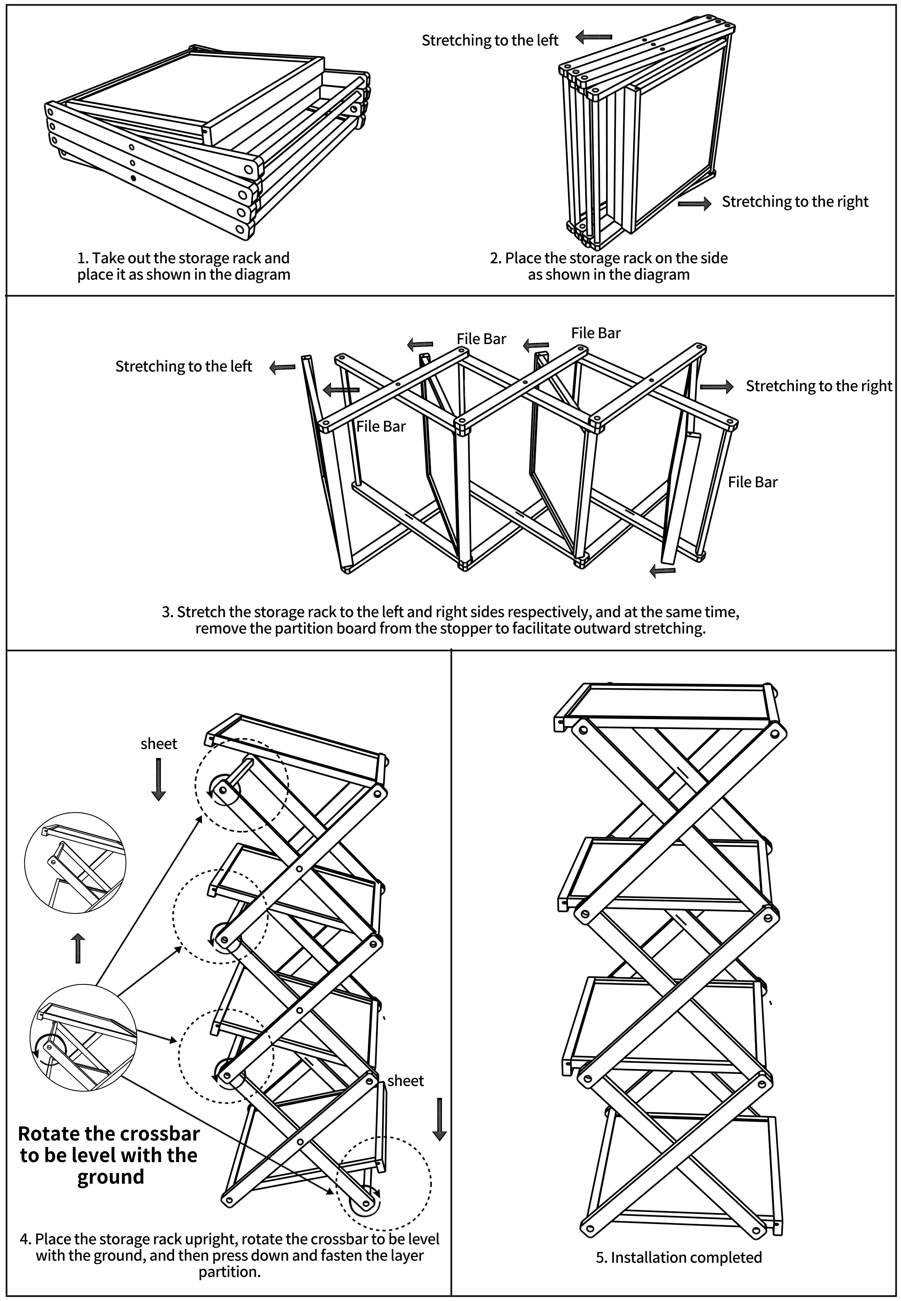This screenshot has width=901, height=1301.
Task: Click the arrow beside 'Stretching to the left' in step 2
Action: click(594, 38)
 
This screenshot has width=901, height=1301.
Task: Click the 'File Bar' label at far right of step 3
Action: click(752, 482)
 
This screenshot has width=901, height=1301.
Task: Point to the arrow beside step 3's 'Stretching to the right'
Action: click(716, 386)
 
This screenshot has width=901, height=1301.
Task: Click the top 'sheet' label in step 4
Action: click(158, 743)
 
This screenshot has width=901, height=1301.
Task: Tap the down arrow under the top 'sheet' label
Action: click(158, 779)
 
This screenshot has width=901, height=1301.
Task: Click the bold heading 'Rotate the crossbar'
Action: click(109, 1133)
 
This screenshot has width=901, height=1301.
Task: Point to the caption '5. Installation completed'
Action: click(679, 1257)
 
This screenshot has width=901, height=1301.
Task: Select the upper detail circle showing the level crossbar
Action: click(75, 862)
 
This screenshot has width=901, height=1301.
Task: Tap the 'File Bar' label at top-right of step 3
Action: click(595, 333)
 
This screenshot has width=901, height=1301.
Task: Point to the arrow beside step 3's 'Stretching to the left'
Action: click(282, 368)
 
